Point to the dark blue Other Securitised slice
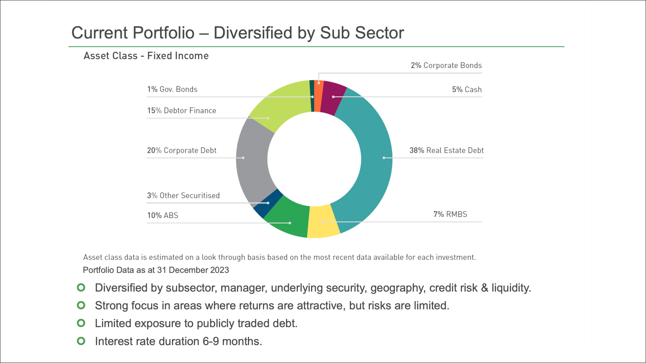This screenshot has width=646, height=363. [268, 203]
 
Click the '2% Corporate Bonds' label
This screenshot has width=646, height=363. [446, 66]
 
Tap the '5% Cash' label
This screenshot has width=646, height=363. [467, 90]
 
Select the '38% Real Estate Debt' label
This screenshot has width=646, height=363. [446, 151]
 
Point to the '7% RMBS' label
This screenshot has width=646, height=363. [450, 214]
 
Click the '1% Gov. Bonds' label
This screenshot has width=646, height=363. [172, 89]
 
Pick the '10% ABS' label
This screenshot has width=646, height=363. [163, 215]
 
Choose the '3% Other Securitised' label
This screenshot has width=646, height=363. [183, 196]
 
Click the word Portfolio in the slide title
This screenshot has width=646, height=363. [164, 33]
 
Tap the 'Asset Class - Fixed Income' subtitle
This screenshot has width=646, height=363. [146, 56]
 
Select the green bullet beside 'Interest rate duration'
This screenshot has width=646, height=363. [81, 341]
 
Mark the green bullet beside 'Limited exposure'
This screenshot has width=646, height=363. [81, 323]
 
